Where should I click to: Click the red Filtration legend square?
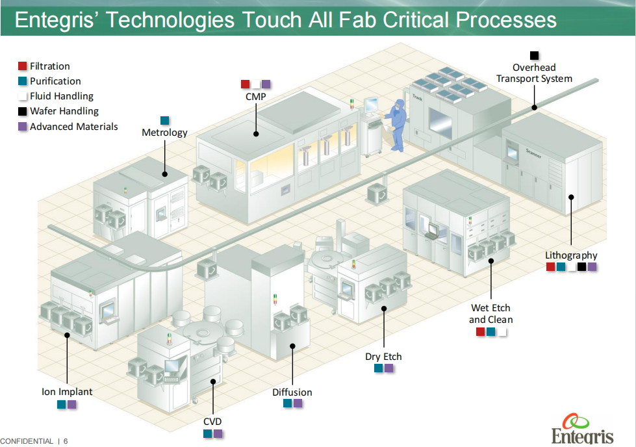[23, 66]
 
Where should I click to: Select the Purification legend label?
[55, 81]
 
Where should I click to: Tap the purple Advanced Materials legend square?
[23, 127]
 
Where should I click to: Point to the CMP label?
[256, 97]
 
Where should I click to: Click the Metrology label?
[164, 133]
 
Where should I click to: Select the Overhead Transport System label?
[534, 73]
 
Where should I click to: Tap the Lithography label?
[571, 255]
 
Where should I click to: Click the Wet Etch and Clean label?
[490, 314]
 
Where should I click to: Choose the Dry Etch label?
[383, 357]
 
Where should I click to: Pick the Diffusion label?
[292, 392]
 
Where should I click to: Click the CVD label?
[212, 422]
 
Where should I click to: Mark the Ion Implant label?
[67, 392]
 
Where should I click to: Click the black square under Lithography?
[582, 267]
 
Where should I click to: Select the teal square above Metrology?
[164, 120]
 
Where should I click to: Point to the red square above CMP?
[246, 84]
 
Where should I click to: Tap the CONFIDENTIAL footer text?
[27, 441]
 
